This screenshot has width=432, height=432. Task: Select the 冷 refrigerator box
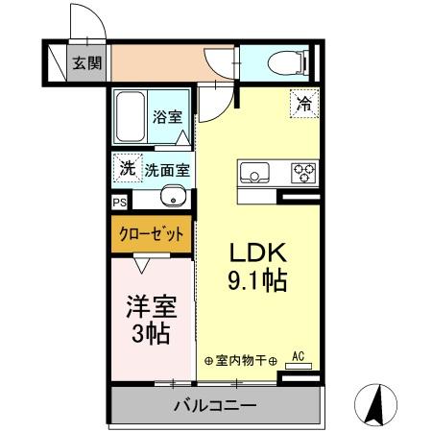(303, 101)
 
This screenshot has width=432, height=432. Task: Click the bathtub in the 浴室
(130, 117)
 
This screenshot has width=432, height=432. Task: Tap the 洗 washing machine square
(126, 168)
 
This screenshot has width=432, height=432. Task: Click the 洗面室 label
(166, 170)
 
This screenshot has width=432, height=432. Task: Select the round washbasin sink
(173, 201)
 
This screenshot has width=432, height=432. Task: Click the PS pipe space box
(119, 203)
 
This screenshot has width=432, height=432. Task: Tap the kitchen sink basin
(253, 174)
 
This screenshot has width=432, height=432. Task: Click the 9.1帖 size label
(254, 280)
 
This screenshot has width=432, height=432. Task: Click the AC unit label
(297, 356)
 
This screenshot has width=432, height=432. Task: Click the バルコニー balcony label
(214, 405)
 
